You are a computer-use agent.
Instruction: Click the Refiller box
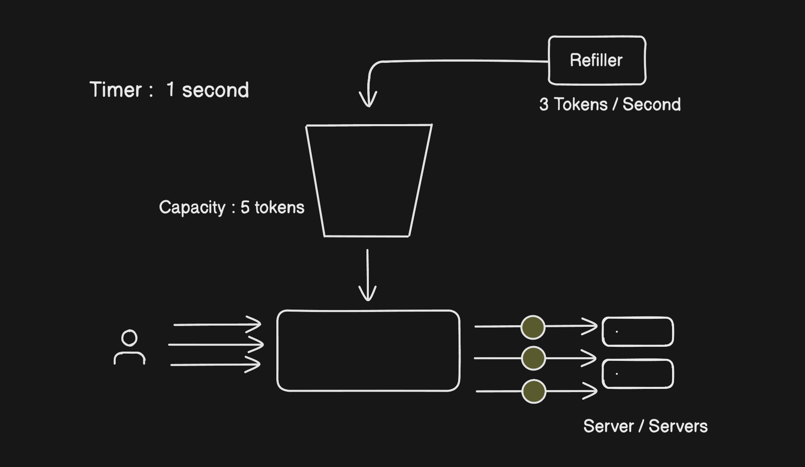(597, 60)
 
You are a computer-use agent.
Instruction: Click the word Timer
(116, 90)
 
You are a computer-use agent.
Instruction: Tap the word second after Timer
(215, 90)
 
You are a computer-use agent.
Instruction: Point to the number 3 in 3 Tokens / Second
(543, 105)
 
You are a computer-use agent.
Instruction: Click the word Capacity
(192, 207)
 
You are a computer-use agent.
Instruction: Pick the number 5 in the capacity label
(245, 207)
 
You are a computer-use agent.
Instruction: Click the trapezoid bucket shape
(368, 180)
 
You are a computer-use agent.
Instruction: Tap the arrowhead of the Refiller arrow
(368, 100)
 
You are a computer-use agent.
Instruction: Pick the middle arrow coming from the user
(216, 344)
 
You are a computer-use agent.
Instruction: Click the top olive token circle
(533, 327)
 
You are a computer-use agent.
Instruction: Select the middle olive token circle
(533, 358)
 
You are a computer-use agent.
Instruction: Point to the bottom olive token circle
(534, 391)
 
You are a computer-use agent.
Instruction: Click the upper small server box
(638, 332)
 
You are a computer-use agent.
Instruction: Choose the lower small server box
(638, 374)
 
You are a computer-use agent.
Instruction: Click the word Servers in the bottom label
(678, 426)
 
